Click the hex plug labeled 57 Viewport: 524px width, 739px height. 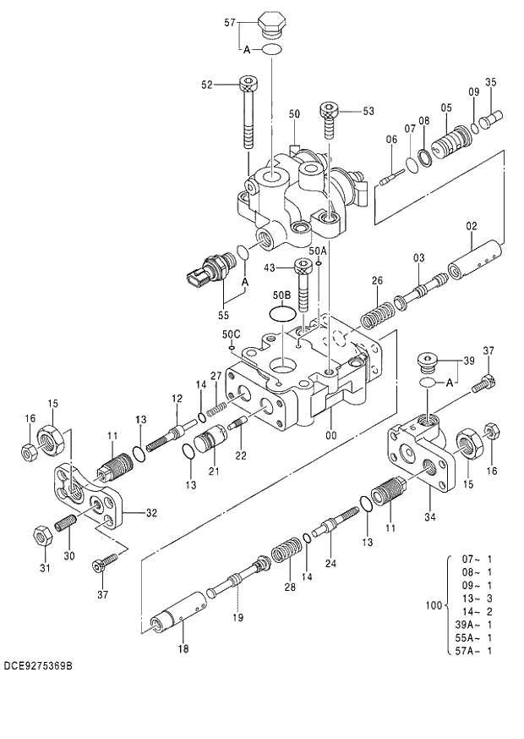(270, 25)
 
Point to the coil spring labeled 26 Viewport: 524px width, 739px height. (376, 312)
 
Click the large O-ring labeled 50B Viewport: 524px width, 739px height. (284, 313)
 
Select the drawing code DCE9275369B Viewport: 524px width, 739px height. (37, 666)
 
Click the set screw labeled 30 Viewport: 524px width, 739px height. (66, 526)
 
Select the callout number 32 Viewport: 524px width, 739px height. (151, 512)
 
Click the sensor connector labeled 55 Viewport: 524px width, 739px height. (207, 273)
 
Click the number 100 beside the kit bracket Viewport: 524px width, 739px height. (434, 605)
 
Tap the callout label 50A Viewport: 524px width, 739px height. (318, 251)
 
